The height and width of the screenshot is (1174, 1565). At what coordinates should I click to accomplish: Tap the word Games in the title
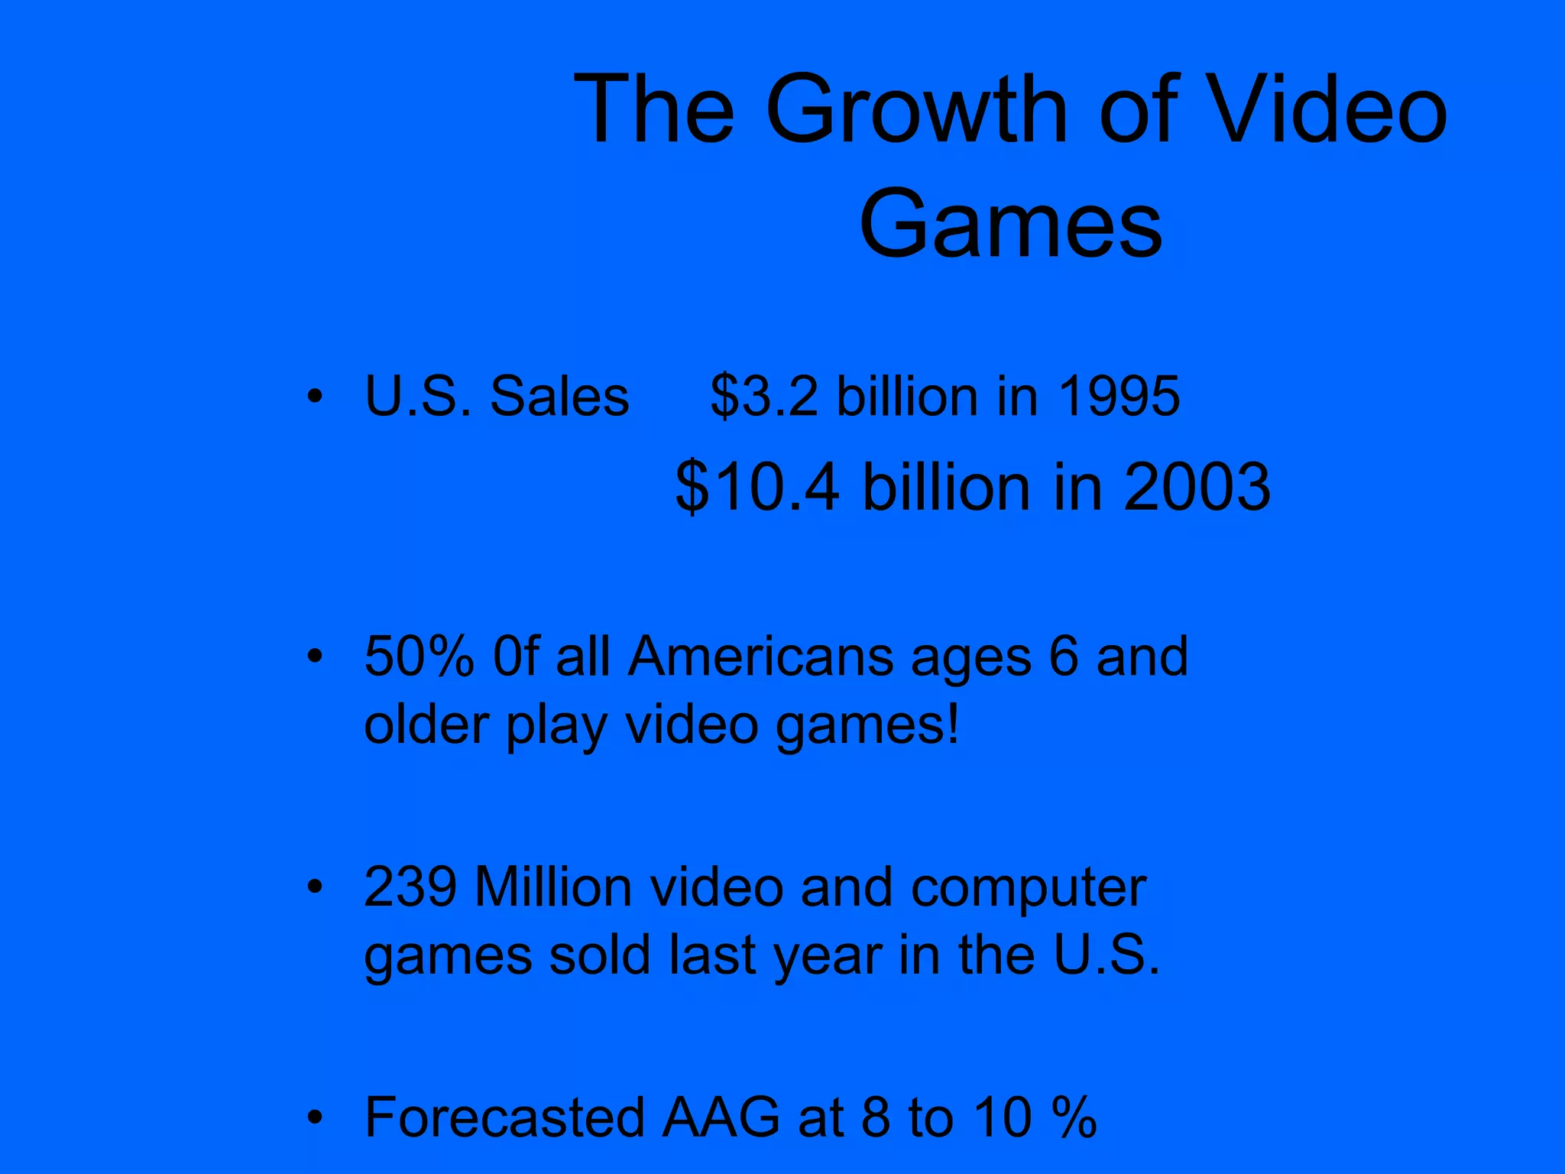click(1010, 225)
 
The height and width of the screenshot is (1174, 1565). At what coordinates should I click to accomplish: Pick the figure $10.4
click(757, 488)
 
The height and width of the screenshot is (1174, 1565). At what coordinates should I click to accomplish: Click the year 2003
click(1197, 488)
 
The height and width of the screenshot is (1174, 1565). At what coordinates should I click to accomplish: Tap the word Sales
click(559, 397)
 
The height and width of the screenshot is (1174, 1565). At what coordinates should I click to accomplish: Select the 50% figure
click(419, 657)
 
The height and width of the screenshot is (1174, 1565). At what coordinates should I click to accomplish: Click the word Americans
click(760, 657)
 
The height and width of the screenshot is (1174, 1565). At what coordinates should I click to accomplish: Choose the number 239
click(410, 887)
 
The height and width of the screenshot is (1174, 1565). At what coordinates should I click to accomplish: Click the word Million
click(552, 887)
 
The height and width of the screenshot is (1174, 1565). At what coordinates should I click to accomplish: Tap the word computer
click(1029, 889)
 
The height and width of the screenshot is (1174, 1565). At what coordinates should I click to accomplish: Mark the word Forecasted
click(504, 1117)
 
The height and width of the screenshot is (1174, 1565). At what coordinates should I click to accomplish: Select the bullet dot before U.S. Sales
click(314, 397)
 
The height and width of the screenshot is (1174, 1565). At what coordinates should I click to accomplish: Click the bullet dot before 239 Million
click(314, 887)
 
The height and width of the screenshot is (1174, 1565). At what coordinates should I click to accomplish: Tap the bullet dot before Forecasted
click(314, 1118)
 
